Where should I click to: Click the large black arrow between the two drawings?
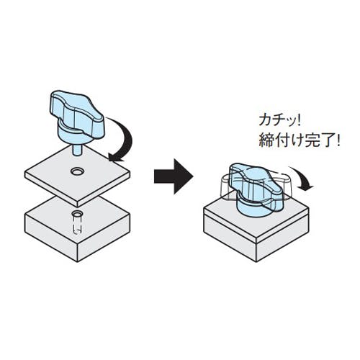pos(174,176)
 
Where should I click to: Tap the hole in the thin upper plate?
pos(77,171)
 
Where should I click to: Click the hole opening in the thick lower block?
pos(78,213)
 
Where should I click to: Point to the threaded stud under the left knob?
pos(77,150)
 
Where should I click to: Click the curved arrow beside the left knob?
pos(125,139)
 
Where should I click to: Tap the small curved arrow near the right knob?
pos(303,179)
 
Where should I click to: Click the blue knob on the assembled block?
pos(256,189)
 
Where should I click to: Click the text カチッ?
pos(279,121)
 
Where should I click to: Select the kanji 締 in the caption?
pos(266,140)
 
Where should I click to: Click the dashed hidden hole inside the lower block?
pos(78,225)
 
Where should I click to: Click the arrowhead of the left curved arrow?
pos(114,157)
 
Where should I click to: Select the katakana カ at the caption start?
pos(265,121)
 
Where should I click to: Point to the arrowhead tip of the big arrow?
pos(193,176)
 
